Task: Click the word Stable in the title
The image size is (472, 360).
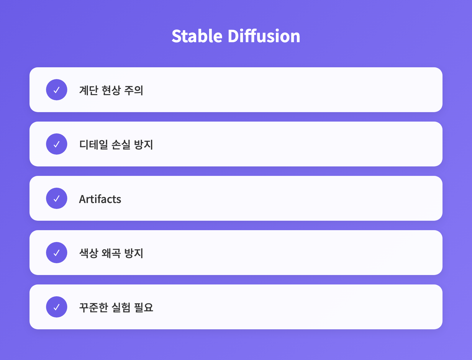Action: (197, 36)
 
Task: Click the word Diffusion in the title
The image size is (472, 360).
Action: (264, 36)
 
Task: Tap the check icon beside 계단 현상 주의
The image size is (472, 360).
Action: (57, 90)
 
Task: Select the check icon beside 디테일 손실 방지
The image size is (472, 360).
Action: (57, 144)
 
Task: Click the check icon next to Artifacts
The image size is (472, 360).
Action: (57, 198)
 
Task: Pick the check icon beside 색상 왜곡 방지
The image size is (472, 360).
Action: (57, 253)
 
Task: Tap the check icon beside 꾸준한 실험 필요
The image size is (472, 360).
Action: (57, 307)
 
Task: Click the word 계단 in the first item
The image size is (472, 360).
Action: (88, 90)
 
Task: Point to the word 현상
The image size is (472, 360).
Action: (111, 90)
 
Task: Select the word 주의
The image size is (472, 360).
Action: (134, 90)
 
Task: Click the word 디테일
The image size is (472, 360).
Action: (94, 145)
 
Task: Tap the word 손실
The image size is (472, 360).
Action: (121, 145)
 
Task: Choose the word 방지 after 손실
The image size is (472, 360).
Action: (144, 145)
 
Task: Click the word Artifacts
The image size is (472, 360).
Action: (100, 199)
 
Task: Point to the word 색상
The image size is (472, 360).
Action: (88, 253)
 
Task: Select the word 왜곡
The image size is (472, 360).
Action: (111, 253)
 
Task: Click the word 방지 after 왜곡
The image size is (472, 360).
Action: (134, 253)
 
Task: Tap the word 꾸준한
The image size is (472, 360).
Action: (94, 307)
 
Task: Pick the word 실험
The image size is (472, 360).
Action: (121, 307)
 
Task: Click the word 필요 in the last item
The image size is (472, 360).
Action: (144, 307)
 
